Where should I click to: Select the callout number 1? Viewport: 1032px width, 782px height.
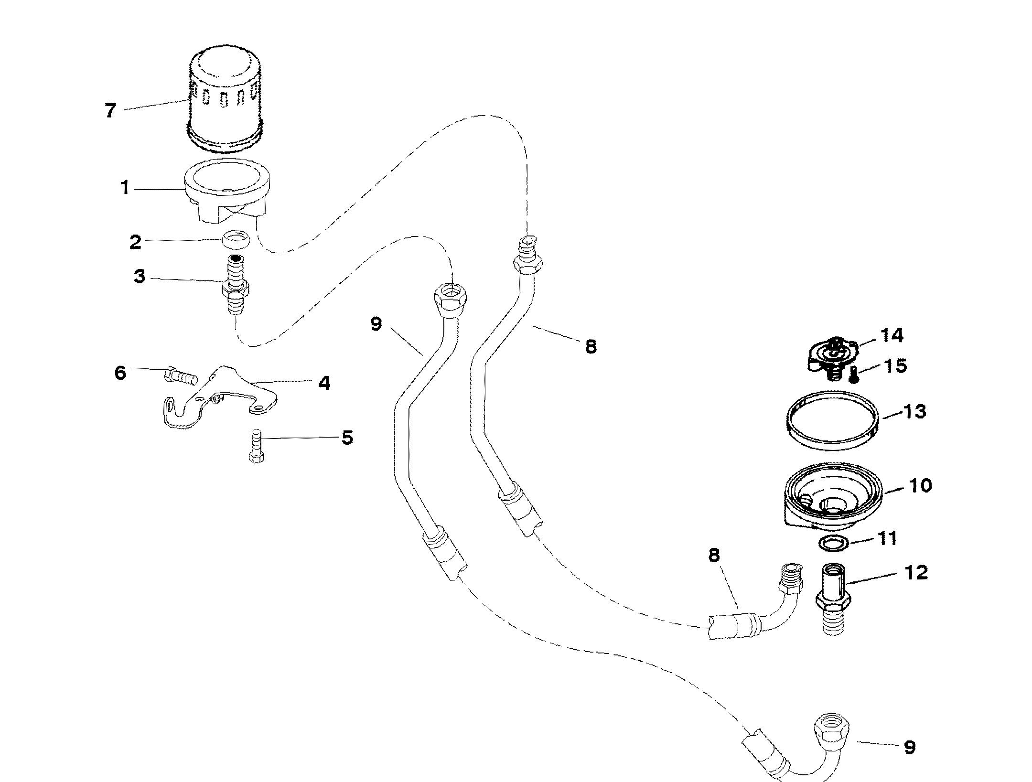pyautogui.click(x=125, y=188)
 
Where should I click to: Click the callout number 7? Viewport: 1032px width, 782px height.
pyautogui.click(x=110, y=111)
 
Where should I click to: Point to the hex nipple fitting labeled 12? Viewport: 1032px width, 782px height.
pyautogui.click(x=832, y=600)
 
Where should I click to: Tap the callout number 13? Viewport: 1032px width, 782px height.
pyautogui.click(x=914, y=411)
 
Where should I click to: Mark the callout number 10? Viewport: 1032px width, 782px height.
pyautogui.click(x=920, y=486)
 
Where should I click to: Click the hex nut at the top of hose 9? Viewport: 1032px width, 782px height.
pyautogui.click(x=450, y=299)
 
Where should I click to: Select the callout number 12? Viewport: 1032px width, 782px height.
pyautogui.click(x=915, y=572)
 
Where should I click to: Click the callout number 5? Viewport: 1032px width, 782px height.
pyautogui.click(x=347, y=437)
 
